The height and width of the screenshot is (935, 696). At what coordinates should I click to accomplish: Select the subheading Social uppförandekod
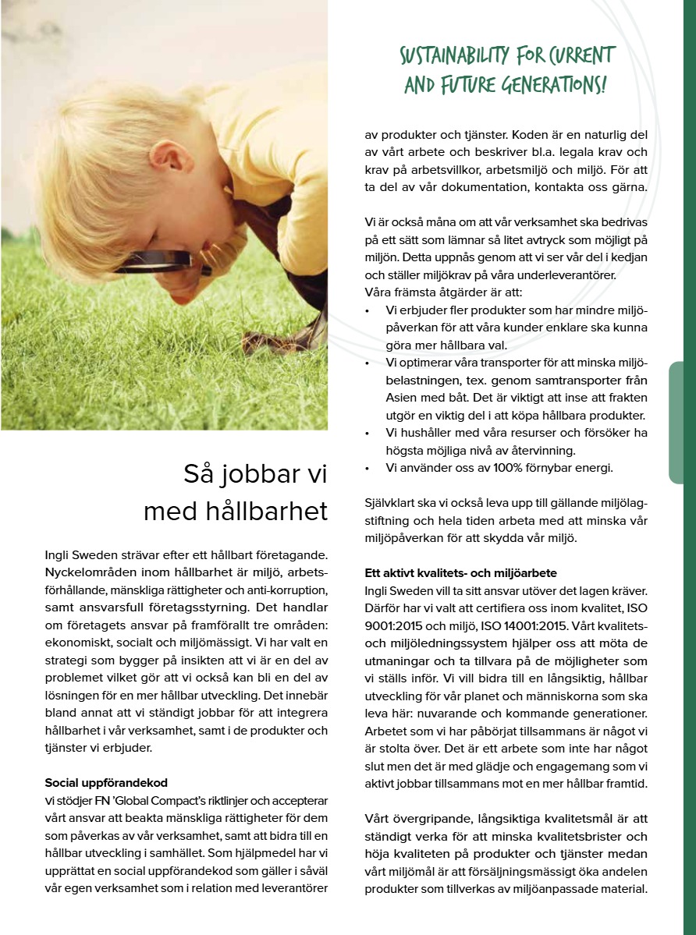(106, 782)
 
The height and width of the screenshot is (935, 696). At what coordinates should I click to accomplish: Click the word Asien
(403, 397)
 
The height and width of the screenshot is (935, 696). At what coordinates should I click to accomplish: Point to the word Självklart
(396, 503)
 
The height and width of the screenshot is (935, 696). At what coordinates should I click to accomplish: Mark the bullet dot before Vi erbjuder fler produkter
(368, 311)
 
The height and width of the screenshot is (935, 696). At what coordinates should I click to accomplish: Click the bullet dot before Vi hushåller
(368, 433)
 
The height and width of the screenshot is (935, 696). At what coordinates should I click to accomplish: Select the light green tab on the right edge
(681, 421)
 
